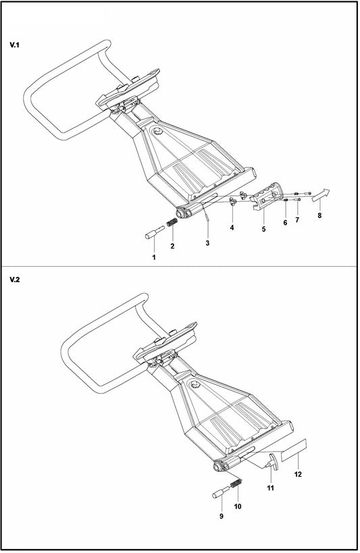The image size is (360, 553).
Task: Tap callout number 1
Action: [153, 257]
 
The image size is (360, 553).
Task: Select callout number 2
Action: [172, 246]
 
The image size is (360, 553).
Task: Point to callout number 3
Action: [208, 242]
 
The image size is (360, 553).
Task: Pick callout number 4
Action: [232, 228]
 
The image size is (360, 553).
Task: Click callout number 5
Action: [263, 230]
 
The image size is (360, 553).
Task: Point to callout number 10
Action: [237, 506]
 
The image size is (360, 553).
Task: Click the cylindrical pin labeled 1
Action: [153, 234]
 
